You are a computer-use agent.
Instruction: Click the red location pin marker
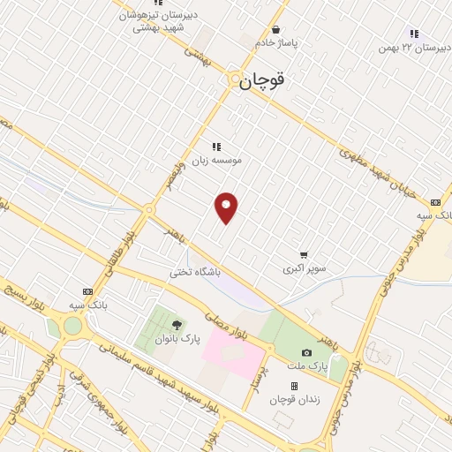tap(227, 208)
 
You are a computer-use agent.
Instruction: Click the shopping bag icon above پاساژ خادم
tap(275, 28)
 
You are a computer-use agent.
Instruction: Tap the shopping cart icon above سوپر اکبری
tap(304, 252)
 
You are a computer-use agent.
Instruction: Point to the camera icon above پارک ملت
tap(306, 352)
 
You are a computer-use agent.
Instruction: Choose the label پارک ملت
tap(310, 365)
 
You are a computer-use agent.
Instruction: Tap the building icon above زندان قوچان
tap(294, 386)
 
